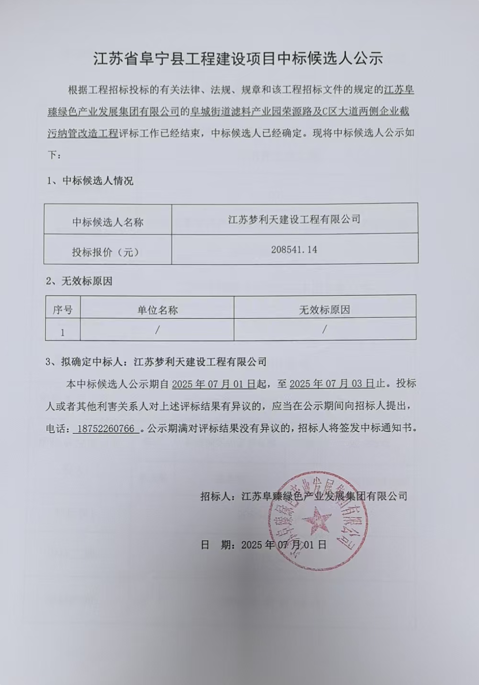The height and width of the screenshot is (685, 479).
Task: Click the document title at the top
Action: coord(238,59)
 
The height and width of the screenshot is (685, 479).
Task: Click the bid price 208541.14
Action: coord(294,250)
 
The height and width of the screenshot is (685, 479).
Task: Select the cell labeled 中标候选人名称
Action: coord(108,222)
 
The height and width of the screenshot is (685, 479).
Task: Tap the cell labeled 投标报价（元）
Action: coord(105,252)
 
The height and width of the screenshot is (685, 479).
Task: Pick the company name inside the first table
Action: coord(294,219)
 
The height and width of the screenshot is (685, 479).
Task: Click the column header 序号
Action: coord(63,310)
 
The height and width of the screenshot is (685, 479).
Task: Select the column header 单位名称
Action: coord(157,310)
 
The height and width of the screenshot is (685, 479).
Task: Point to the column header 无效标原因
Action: coord(325,310)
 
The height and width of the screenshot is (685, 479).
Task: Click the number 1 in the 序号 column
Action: coord(63,332)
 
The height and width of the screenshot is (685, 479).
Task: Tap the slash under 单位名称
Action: coord(157,330)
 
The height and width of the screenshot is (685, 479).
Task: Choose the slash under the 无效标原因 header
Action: coord(325,329)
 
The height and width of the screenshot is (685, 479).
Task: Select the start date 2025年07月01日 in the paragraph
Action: coord(214,384)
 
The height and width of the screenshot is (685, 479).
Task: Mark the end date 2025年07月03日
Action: coord(332,384)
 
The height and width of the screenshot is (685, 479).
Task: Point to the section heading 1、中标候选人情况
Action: coord(90,181)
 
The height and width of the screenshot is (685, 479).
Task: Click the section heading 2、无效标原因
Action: coord(79,281)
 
